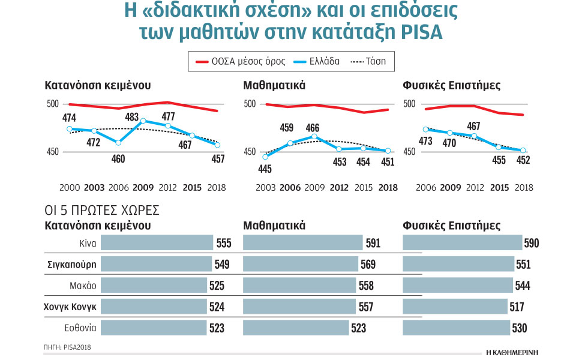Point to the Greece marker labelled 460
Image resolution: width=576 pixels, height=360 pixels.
(119, 143)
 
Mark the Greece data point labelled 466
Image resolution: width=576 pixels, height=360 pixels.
(313, 137)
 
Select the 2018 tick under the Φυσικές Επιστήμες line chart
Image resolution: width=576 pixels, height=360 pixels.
(524, 188)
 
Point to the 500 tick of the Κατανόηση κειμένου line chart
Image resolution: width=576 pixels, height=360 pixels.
(52, 104)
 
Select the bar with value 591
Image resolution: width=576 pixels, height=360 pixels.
(304, 243)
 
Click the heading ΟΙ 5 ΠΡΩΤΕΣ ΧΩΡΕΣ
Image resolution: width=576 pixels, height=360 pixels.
(101, 211)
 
